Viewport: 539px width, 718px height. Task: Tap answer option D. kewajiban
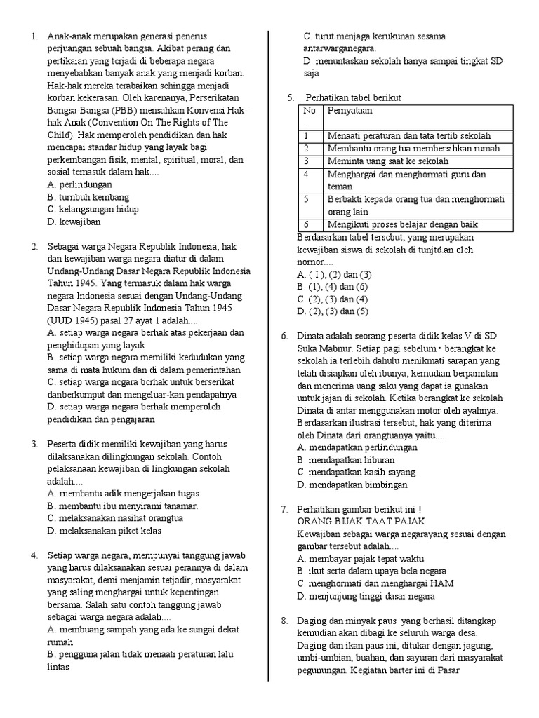click(x=74, y=222)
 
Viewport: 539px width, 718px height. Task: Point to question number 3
click(x=33, y=445)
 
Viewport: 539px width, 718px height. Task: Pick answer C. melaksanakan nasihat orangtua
click(x=115, y=518)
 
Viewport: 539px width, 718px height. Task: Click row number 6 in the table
click(x=307, y=224)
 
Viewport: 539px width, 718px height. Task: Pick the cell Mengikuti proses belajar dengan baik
click(x=403, y=224)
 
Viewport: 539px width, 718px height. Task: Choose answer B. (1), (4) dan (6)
click(x=332, y=286)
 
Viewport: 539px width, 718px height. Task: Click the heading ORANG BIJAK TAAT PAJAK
click(x=361, y=521)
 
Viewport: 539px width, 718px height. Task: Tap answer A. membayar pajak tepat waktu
click(x=360, y=559)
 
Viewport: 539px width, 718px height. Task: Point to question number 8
click(x=284, y=621)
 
